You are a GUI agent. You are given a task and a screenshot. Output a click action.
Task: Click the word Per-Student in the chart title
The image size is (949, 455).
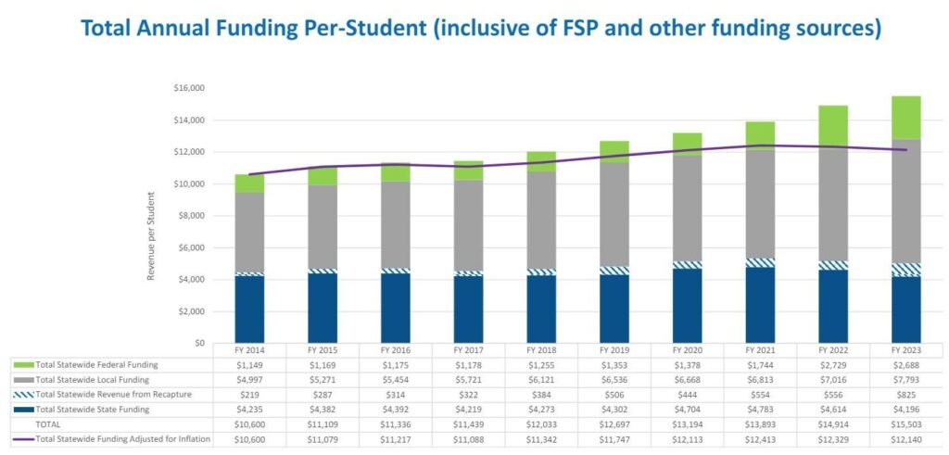tap(365, 29)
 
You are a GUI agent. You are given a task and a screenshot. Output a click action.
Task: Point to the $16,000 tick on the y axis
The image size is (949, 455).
tap(189, 88)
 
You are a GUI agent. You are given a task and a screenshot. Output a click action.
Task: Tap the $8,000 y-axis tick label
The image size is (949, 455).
tap(191, 216)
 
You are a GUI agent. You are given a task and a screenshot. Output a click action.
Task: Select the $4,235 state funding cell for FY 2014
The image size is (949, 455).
tap(249, 409)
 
